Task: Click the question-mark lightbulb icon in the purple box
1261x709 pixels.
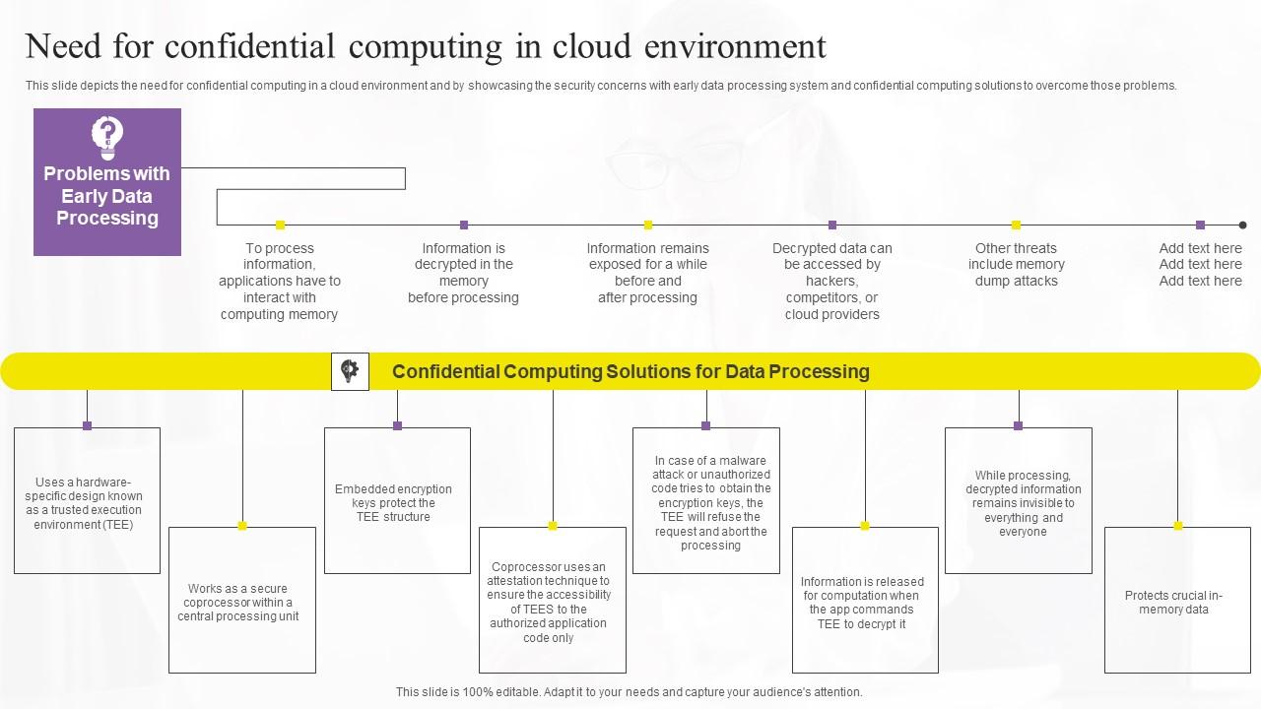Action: coord(107,137)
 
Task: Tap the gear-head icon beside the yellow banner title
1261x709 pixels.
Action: coord(350,371)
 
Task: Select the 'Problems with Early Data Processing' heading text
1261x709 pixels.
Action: coord(106,196)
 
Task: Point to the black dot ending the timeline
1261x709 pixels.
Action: coord(1242,225)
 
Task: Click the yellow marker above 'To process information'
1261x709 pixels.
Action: coord(280,225)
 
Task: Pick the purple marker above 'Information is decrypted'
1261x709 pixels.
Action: coord(464,225)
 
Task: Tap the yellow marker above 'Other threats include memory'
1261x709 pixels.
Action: coord(1016,225)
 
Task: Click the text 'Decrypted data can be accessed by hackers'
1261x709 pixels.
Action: coord(831,281)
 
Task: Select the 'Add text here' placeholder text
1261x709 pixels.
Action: coord(1200,264)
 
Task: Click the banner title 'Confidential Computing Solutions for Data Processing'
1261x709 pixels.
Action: coord(630,371)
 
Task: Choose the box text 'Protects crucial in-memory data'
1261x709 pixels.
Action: coord(1173,602)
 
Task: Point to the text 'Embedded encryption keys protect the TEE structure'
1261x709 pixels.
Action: coord(393,502)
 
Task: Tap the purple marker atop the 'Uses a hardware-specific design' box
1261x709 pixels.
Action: coord(87,426)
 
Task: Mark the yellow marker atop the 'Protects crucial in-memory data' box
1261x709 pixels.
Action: coord(1177,526)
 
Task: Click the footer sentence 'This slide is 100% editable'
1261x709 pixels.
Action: coord(629,692)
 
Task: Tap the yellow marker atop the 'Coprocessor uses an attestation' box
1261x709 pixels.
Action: coord(553,526)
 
